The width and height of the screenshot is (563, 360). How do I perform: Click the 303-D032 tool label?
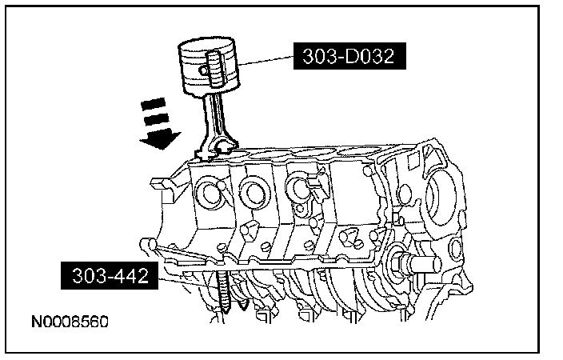click(x=349, y=56)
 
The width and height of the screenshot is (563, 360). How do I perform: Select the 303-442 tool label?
click(x=110, y=275)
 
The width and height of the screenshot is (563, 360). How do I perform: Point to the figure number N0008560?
click(x=70, y=322)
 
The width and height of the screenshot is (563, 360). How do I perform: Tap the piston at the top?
click(x=209, y=67)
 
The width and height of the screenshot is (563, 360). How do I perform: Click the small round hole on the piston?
click(x=204, y=70)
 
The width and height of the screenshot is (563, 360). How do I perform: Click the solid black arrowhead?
click(x=161, y=140)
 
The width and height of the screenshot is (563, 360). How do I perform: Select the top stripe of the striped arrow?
click(x=153, y=104)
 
